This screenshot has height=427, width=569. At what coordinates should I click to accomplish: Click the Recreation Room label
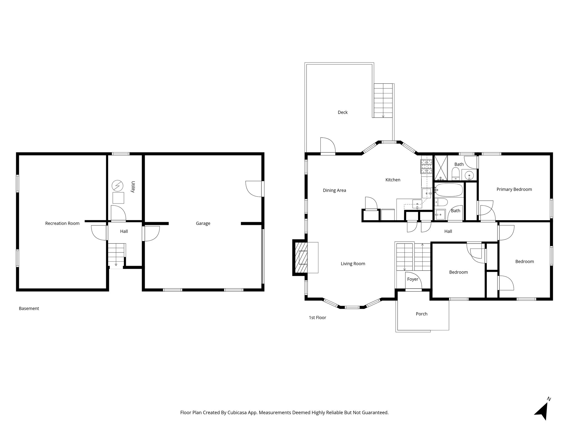62,223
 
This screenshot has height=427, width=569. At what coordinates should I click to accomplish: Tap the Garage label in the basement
203,223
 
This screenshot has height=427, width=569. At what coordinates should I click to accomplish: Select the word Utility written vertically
133,187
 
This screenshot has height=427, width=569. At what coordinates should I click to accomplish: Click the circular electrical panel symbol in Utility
118,185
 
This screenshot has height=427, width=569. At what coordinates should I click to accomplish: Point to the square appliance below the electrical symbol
118,198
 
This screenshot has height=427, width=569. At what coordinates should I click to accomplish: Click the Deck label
343,112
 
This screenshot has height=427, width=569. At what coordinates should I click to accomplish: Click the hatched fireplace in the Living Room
301,258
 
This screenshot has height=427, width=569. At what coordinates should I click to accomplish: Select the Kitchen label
393,180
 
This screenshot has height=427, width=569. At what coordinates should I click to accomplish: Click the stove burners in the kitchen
427,166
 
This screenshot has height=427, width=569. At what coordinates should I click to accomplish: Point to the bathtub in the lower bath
449,190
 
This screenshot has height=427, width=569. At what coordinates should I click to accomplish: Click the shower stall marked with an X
441,168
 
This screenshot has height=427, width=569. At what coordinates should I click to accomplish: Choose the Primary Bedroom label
514,189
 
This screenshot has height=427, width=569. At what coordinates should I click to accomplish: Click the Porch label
421,314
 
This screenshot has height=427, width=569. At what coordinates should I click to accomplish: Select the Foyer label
413,279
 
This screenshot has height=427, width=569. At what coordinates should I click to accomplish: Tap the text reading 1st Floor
317,317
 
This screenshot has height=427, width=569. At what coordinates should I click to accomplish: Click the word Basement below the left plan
29,308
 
